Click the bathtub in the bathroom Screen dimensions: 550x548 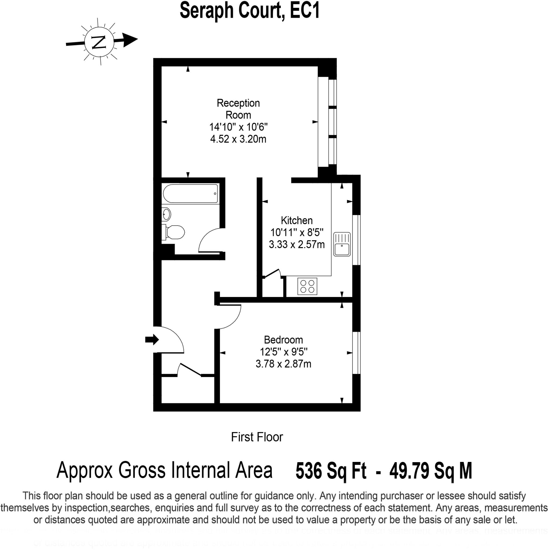[190, 194]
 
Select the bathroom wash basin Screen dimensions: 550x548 [166, 214]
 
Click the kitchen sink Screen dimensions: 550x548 [342, 244]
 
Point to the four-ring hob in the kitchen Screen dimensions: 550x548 [307, 286]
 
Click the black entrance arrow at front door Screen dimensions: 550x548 [152, 339]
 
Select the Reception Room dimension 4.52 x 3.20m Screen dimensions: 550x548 [238, 139]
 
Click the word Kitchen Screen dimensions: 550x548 [297, 220]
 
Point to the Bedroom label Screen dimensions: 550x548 [283, 340]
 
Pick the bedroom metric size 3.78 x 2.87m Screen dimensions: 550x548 [283, 364]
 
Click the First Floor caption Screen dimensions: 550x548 [257, 437]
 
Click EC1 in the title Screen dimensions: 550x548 [305, 11]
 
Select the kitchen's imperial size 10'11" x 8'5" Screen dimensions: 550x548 [297, 233]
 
